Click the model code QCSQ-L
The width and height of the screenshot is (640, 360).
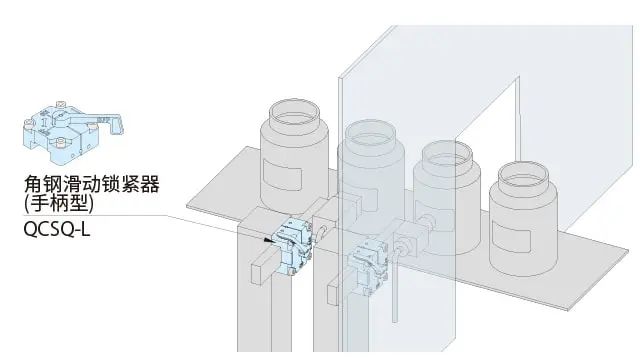click(x=57, y=230)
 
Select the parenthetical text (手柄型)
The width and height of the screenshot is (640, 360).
click(x=59, y=203)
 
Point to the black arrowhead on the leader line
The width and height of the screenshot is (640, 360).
click(x=268, y=240)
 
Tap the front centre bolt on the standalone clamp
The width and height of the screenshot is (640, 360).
click(x=60, y=143)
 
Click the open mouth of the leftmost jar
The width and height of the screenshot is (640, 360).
click(x=294, y=112)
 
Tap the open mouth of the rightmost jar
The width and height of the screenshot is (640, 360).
click(x=523, y=176)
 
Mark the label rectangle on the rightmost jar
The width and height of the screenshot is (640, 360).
click(x=511, y=236)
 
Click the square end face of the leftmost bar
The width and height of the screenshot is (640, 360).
click(x=258, y=273)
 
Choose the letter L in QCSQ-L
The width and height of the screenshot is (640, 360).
click(x=85, y=230)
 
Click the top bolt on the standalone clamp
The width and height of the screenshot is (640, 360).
click(x=60, y=103)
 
